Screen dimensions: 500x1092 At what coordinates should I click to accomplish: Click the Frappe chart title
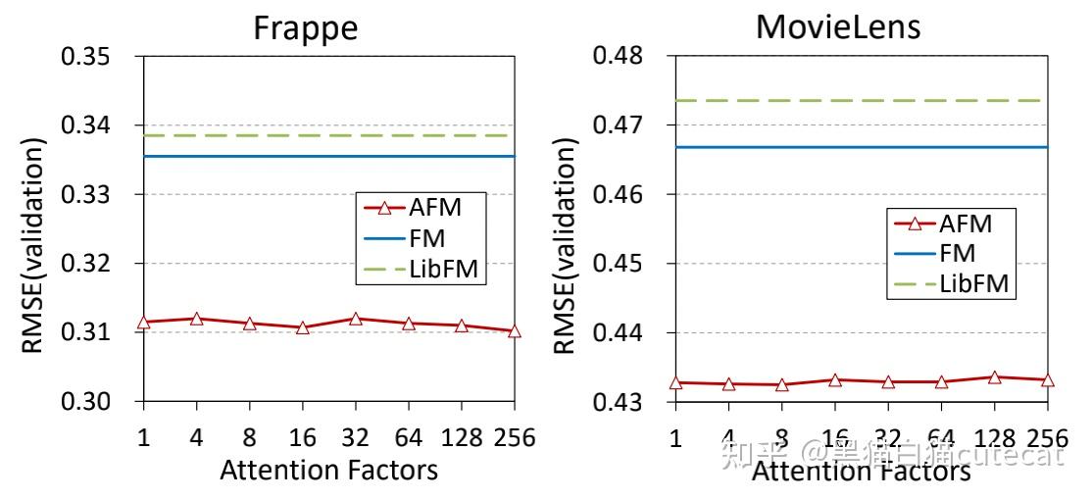(305, 27)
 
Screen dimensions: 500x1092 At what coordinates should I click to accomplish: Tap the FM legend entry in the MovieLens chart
(957, 254)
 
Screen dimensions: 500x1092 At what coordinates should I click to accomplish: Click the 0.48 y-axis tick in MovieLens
(621, 56)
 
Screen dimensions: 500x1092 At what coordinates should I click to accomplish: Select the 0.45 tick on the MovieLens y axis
(621, 264)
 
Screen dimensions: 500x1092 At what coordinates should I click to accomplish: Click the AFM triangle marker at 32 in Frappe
(355, 319)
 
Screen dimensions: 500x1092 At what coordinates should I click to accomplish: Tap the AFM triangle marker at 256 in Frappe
(515, 331)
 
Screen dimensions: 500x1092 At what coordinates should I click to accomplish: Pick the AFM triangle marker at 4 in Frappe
(196, 319)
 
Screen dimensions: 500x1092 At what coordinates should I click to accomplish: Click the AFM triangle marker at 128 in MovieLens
(994, 376)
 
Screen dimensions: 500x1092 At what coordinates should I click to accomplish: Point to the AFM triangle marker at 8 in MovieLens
(781, 384)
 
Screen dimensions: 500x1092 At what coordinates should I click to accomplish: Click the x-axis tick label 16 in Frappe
(302, 437)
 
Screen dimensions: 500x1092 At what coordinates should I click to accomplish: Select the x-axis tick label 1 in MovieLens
(675, 437)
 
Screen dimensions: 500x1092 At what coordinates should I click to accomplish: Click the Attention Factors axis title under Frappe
(328, 471)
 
